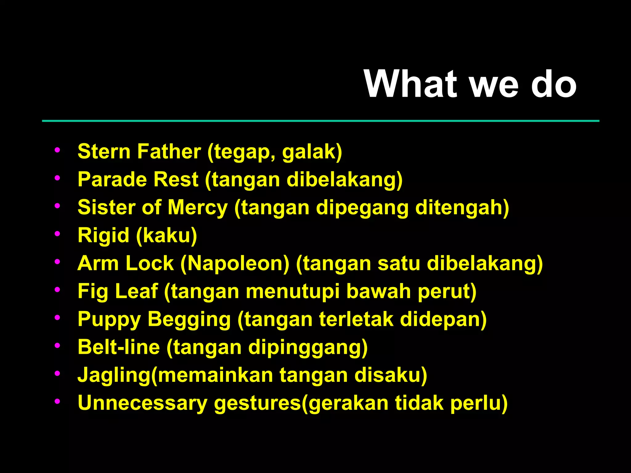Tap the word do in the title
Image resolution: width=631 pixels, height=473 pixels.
click(554, 84)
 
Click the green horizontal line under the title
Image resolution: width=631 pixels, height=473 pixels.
click(320, 121)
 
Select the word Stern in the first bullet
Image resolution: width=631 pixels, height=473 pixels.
click(104, 152)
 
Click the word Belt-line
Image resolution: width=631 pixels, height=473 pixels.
click(119, 347)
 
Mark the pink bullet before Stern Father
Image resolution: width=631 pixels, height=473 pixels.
click(57, 150)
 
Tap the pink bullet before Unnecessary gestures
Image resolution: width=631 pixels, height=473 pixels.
click(57, 402)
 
